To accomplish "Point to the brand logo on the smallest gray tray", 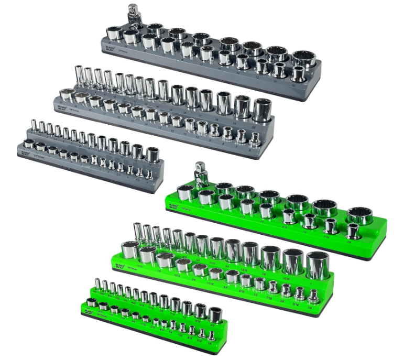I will [24, 151].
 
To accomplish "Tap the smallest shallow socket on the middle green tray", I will [313, 297].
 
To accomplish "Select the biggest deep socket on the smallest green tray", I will [215, 314].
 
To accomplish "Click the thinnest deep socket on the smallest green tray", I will [96, 285].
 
